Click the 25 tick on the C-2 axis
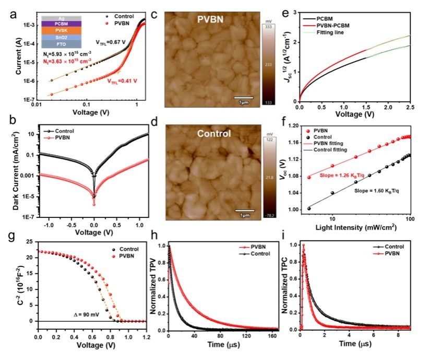pyautogui.click(x=32, y=242)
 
